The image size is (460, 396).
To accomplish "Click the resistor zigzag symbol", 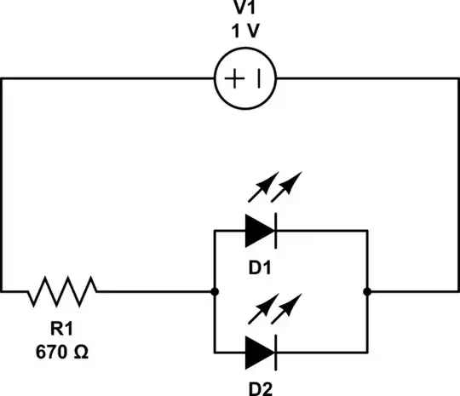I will click(x=61, y=292).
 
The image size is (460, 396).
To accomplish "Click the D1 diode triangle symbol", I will click(x=259, y=230).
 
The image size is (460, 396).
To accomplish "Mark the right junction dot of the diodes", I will click(x=367, y=292).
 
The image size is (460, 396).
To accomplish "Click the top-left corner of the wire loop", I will click(x=3, y=79).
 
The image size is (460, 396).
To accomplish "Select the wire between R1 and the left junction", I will click(x=153, y=292).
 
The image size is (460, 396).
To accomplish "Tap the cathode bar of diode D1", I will click(x=275, y=230).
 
